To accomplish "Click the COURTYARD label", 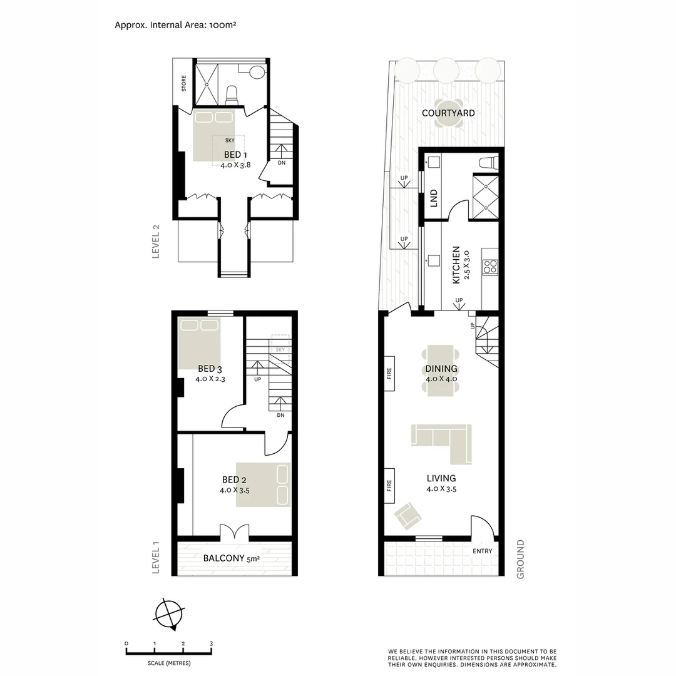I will tap(448, 113).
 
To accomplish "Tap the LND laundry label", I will tap(433, 198).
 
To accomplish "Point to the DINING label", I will tap(441, 369).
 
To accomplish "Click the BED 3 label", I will tap(210, 369).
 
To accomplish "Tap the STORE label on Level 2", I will tap(184, 83).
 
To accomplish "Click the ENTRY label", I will tap(483, 551).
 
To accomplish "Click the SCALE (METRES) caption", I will tap(170, 663).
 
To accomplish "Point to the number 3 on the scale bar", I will tap(212, 643).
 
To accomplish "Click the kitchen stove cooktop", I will tap(490, 265).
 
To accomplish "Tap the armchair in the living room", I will tap(407, 515).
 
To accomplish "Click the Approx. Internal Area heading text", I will tap(175, 25).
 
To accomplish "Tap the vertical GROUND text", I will tap(520, 559).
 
